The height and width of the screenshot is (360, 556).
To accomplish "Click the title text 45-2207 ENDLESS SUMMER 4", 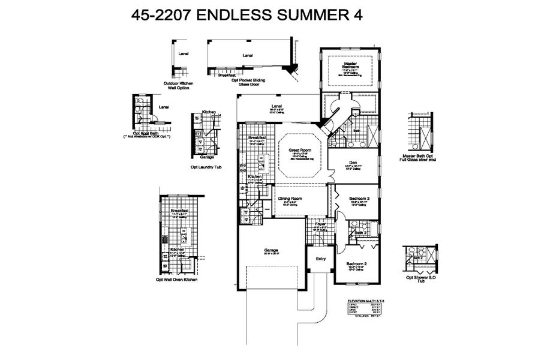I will click(247, 16).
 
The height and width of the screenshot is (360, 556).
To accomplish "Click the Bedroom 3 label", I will click(359, 199).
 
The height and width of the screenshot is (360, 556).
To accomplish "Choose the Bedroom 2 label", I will click(356, 264).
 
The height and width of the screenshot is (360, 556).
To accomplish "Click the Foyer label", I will click(320, 224).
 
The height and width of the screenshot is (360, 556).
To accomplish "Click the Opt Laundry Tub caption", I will click(206, 167).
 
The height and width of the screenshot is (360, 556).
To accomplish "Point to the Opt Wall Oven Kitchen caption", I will click(176, 280).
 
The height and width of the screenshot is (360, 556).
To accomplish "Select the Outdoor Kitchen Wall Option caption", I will click(178, 86).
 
